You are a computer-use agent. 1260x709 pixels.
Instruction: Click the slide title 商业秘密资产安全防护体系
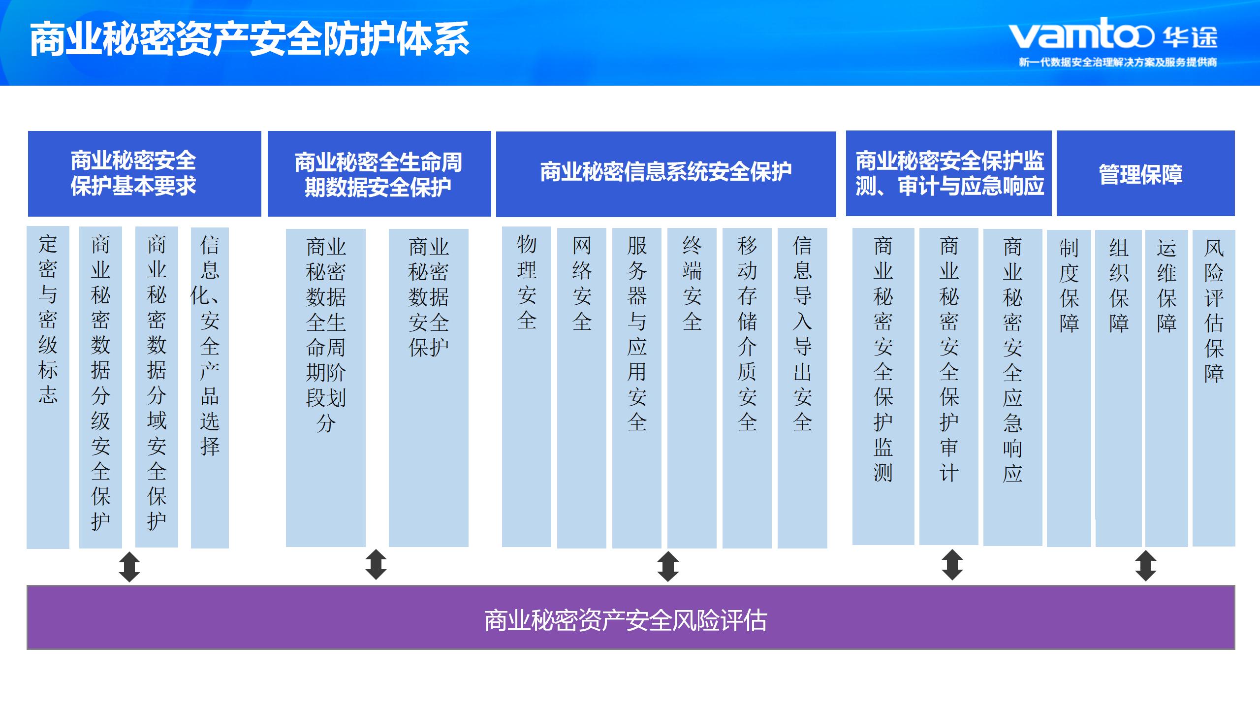click(250, 39)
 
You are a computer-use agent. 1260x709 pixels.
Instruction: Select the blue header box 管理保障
click(1145, 173)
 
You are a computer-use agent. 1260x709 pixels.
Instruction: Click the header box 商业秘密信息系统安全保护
click(666, 174)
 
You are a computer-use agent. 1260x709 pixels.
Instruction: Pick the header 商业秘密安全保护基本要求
click(144, 173)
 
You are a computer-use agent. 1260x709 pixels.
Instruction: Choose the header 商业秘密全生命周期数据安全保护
click(379, 174)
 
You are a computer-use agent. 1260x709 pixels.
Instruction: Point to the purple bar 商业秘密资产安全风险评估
click(630, 617)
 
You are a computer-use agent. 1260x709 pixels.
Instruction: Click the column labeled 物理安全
click(527, 387)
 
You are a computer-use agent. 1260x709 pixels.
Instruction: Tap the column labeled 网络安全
click(582, 388)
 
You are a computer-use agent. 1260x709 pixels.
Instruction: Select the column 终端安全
click(692, 388)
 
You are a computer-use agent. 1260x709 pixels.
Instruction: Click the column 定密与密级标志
click(48, 387)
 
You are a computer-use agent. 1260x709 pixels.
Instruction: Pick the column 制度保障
click(1069, 388)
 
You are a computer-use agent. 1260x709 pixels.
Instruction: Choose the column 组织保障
click(1119, 388)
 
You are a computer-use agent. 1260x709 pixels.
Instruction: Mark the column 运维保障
click(1166, 388)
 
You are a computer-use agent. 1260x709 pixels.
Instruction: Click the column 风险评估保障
click(1214, 388)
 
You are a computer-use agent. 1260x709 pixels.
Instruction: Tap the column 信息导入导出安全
click(802, 388)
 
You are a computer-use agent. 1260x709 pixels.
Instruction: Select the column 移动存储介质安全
click(747, 388)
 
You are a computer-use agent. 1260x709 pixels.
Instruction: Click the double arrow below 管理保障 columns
click(1146, 566)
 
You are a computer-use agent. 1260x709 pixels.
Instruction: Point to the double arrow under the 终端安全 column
click(668, 566)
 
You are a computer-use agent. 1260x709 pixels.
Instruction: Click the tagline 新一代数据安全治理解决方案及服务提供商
click(1118, 63)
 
